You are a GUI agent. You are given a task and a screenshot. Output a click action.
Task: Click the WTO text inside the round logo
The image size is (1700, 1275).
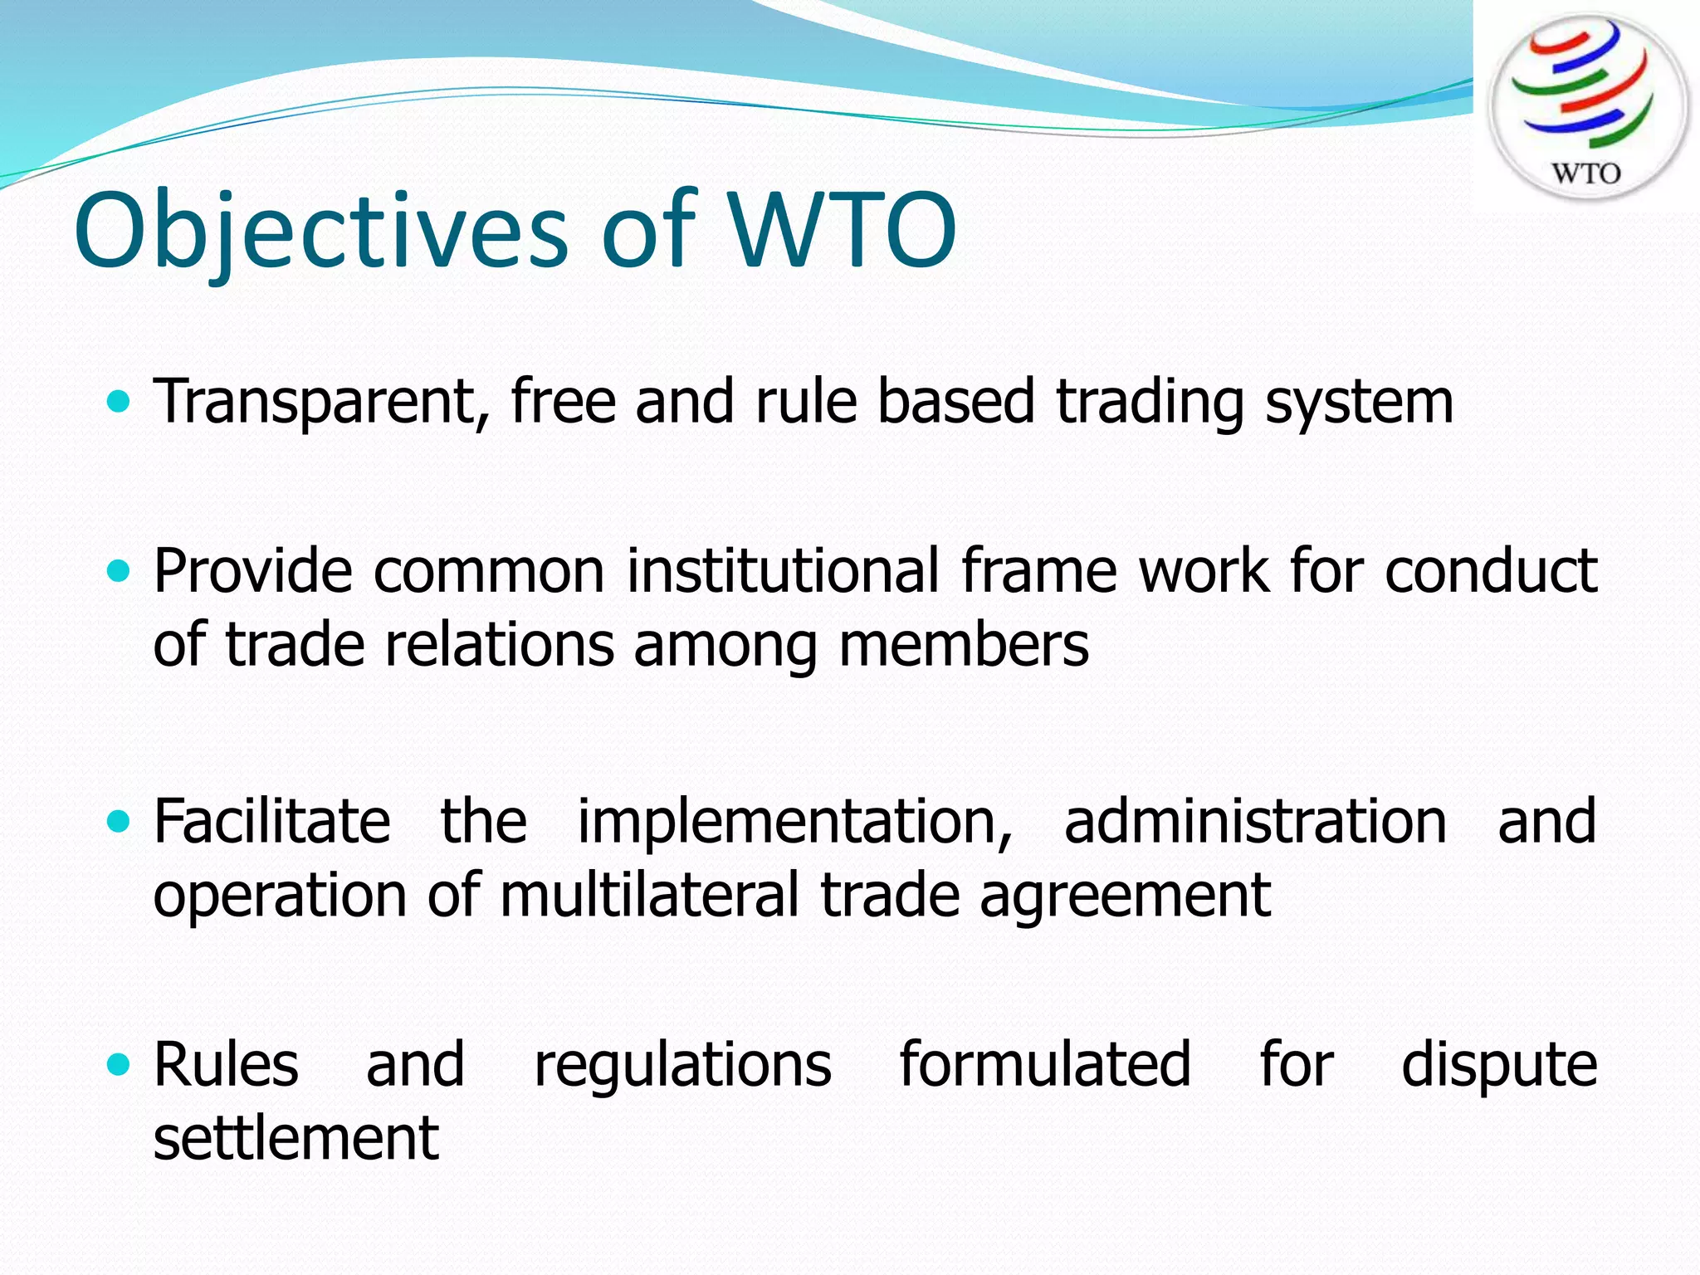1585,173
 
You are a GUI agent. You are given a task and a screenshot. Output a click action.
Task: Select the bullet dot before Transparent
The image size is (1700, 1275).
120,403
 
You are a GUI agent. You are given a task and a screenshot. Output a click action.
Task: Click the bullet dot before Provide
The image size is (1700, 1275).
120,571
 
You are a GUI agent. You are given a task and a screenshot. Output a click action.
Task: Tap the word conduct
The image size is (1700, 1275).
1490,571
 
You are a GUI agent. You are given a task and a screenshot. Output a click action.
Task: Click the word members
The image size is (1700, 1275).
963,646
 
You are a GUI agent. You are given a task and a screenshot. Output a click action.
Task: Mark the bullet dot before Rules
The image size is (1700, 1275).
120,1064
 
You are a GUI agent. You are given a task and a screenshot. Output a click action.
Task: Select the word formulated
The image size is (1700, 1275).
1045,1064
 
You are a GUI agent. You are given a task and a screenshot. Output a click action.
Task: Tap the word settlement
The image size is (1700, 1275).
296,1138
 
